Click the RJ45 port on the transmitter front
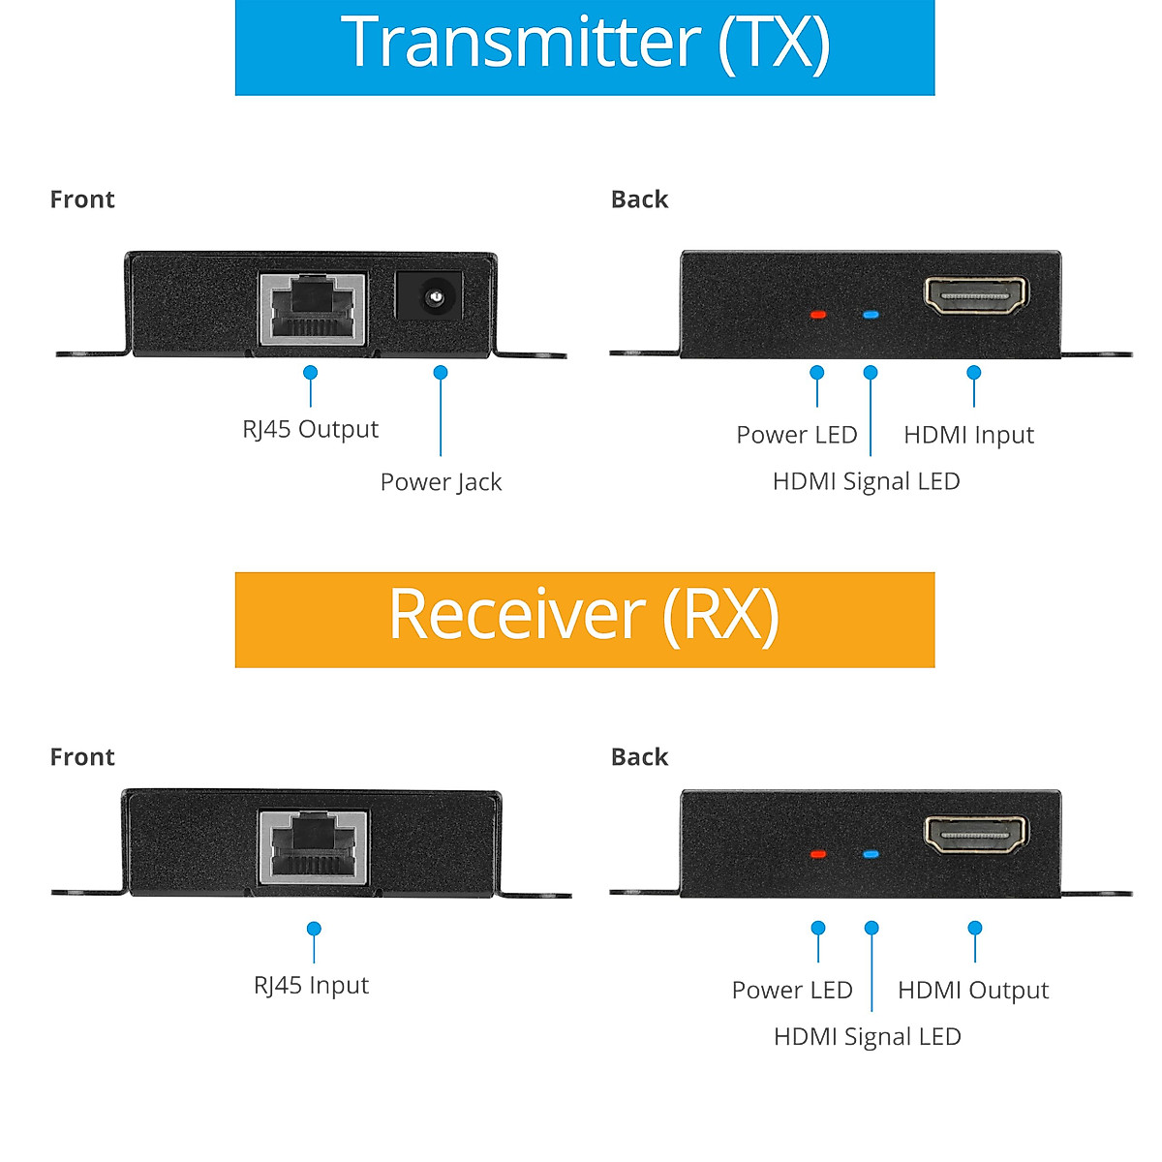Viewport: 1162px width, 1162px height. click(312, 308)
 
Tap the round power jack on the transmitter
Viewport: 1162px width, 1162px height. click(429, 294)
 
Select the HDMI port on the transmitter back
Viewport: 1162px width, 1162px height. click(975, 295)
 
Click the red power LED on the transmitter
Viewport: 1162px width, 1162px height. click(818, 315)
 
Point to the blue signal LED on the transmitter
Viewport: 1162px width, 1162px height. click(871, 315)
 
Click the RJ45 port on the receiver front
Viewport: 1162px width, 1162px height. click(313, 846)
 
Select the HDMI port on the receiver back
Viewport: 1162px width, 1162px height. click(975, 835)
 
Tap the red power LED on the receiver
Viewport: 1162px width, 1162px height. click(818, 854)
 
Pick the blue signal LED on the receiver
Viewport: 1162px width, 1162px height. click(871, 854)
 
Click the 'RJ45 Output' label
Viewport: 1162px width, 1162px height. click(310, 429)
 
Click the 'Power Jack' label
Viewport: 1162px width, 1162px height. click(441, 482)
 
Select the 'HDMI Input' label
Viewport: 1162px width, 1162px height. click(968, 435)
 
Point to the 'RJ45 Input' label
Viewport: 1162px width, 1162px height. click(311, 986)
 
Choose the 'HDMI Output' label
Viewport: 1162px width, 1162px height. click(973, 991)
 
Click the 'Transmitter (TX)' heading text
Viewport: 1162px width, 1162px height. click(585, 44)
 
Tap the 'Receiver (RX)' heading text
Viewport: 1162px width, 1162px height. click(584, 615)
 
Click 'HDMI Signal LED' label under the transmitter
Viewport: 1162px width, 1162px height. click(866, 481)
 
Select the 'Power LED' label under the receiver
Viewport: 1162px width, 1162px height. click(792, 991)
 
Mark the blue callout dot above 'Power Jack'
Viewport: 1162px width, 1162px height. click(441, 373)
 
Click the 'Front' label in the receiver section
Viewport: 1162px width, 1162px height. click(82, 757)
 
